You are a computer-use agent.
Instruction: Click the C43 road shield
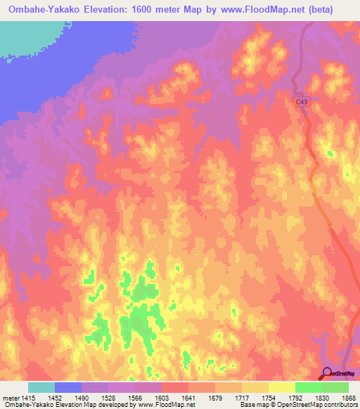click(x=302, y=102)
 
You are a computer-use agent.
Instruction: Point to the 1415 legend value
click(x=27, y=397)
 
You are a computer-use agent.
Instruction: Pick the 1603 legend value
click(x=161, y=397)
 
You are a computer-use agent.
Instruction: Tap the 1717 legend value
click(x=242, y=397)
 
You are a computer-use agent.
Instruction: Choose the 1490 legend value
click(x=81, y=397)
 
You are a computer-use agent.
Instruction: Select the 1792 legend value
click(x=295, y=397)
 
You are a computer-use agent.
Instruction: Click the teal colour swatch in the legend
click(x=41, y=387)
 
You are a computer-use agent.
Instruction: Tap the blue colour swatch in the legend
click(x=67, y=387)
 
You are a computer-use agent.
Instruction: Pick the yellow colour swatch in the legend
click(x=281, y=387)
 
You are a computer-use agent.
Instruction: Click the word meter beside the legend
click(x=8, y=397)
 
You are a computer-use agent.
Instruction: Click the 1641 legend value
click(x=188, y=397)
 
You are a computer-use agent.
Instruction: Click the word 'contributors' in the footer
click(x=339, y=405)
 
